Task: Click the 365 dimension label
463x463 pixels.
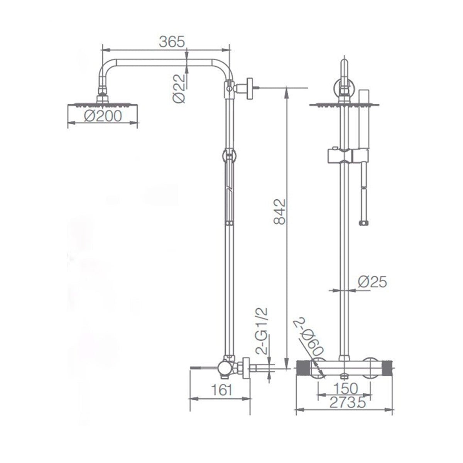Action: point(172,41)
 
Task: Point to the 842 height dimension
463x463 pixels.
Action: point(281,211)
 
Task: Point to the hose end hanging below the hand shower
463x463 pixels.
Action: point(363,223)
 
